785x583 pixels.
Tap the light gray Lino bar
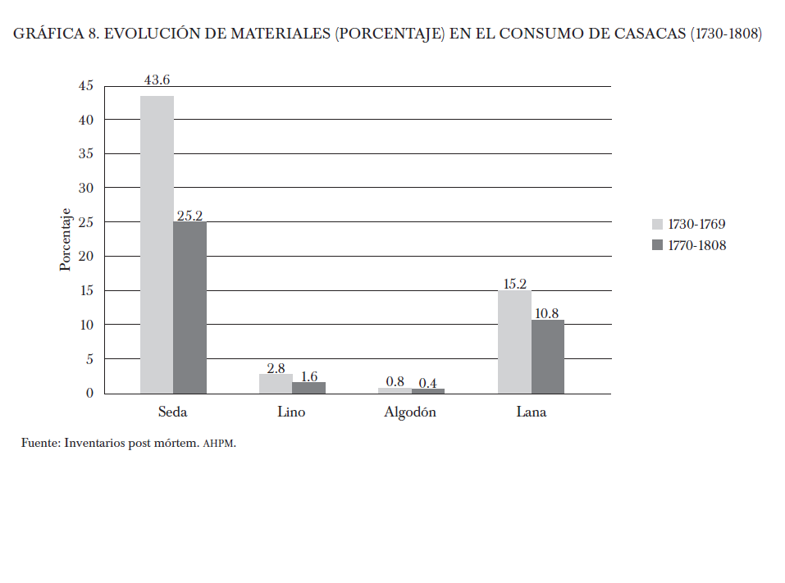[276, 384]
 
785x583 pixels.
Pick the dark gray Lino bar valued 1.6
[309, 388]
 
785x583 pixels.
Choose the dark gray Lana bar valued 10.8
[548, 357]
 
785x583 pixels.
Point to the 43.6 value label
[157, 80]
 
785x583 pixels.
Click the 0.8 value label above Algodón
[395, 381]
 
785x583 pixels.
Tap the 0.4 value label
[427, 383]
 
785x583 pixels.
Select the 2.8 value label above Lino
[276, 368]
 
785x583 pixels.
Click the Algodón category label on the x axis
[410, 412]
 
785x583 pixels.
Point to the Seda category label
[172, 412]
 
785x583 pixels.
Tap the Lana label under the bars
[531, 412]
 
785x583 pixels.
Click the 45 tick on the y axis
[86, 85]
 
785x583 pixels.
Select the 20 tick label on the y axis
[86, 257]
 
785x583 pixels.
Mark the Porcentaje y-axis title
[66, 239]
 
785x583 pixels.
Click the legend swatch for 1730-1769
[656, 224]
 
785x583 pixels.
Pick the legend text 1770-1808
[696, 245]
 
